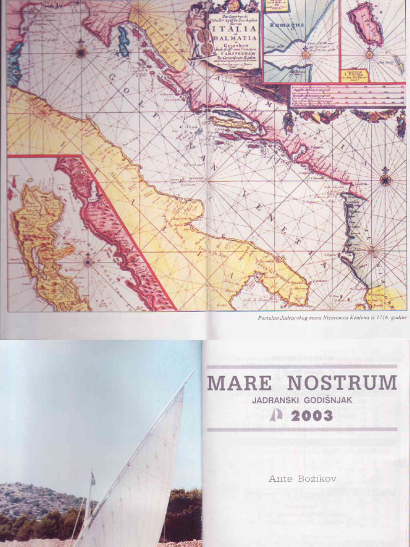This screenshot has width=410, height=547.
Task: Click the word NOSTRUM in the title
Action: click(342, 383)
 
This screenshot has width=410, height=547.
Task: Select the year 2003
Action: click(312, 416)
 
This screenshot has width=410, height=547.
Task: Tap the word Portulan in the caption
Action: click(270, 318)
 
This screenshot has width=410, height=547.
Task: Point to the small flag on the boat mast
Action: click(93, 479)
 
